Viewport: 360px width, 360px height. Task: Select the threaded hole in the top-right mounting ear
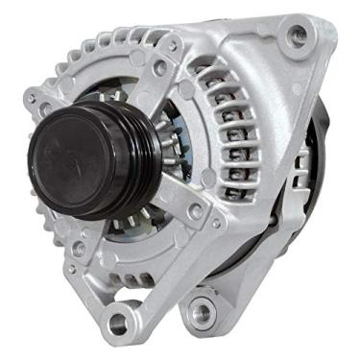click(x=300, y=36)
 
